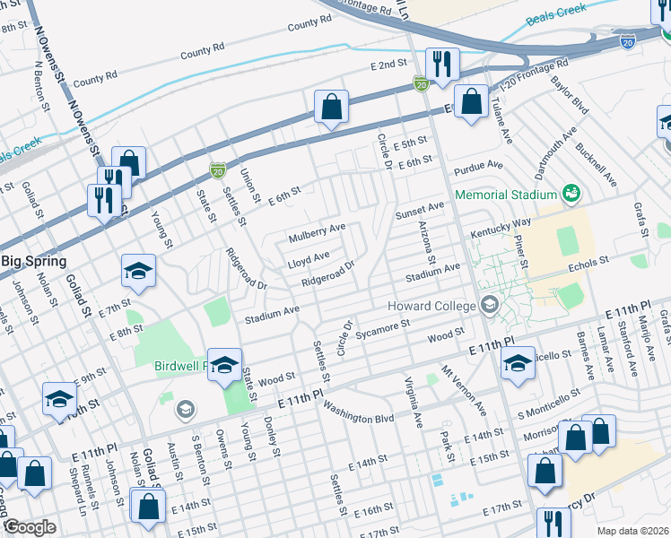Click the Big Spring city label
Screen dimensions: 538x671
[33, 261]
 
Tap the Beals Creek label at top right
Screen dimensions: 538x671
[559, 11]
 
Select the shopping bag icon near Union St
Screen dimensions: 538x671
[331, 107]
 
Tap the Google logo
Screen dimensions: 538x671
[30, 527]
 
